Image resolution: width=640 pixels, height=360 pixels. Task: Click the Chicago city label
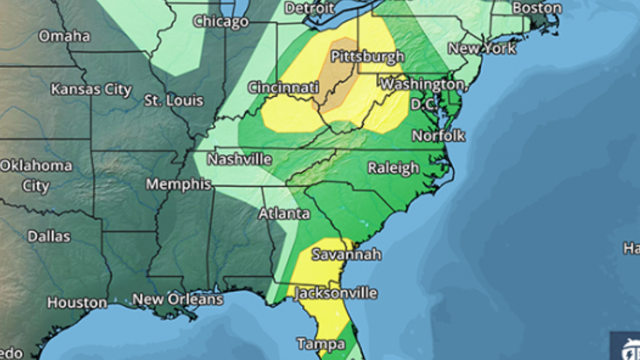[x=221, y=22]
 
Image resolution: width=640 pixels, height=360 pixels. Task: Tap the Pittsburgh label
[x=367, y=56]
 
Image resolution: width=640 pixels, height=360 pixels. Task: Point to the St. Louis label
[x=174, y=101]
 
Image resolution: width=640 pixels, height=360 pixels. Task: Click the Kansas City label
[x=91, y=89]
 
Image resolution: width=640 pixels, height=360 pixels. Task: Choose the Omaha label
[x=64, y=36]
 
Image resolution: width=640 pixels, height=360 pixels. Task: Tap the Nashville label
[x=239, y=159]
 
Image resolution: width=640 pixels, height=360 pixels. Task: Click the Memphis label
[x=179, y=184]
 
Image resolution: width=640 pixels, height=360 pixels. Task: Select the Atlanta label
[x=285, y=213]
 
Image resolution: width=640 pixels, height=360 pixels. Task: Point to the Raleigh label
[x=394, y=168]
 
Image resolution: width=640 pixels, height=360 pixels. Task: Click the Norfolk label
[x=438, y=136]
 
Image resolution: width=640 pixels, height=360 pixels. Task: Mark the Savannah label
[x=347, y=254]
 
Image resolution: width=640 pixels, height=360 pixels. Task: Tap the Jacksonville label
[x=336, y=293]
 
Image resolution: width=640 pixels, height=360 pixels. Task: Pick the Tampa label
[x=321, y=344]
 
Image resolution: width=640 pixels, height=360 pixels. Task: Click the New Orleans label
[x=177, y=299]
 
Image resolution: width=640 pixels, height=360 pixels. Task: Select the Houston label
[x=77, y=303]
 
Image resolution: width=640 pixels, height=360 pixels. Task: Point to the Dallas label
[x=49, y=236]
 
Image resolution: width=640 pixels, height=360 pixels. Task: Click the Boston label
[x=537, y=8]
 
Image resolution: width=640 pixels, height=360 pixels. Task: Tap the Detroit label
[x=309, y=8]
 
